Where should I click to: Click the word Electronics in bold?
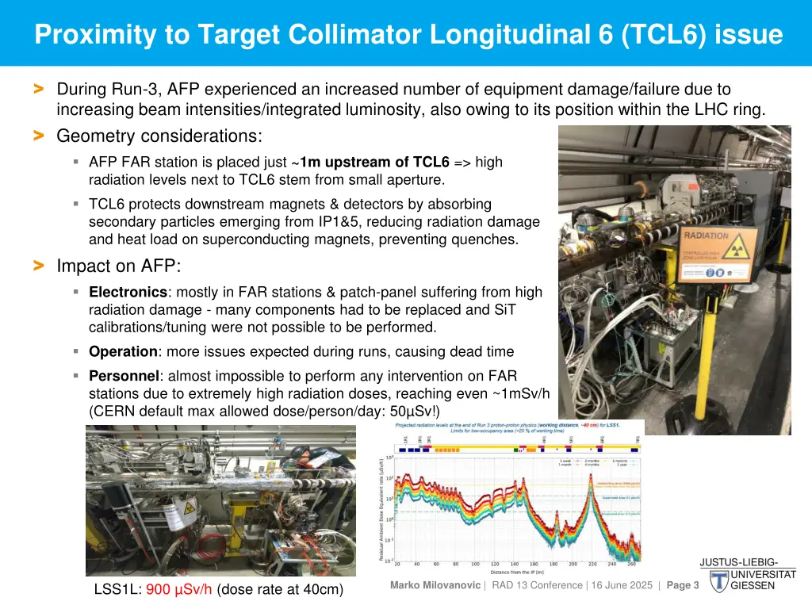(x=128, y=292)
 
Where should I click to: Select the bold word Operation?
(x=123, y=351)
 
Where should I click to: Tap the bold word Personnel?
(x=124, y=376)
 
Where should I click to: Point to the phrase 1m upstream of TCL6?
(x=374, y=162)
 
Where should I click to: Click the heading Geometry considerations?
(x=159, y=136)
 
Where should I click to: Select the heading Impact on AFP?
(x=119, y=266)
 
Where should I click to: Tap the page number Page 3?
(x=683, y=585)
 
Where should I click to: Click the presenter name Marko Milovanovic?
(x=435, y=585)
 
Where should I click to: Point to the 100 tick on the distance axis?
(x=474, y=565)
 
